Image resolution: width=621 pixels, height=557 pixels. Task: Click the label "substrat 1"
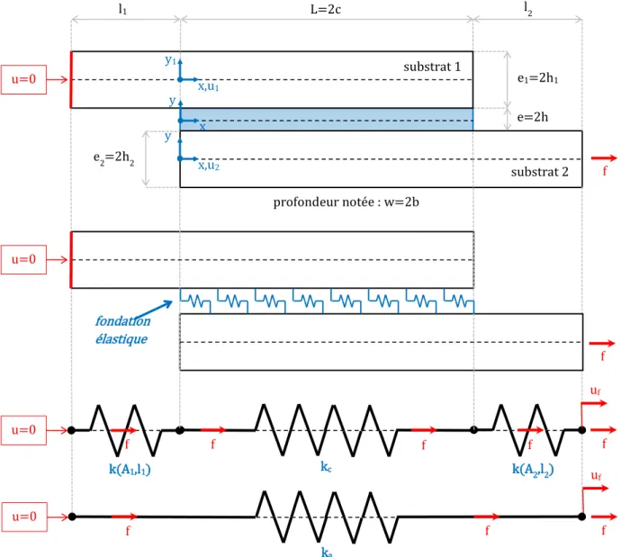coord(432,67)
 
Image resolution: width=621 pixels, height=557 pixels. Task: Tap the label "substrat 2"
coord(539,172)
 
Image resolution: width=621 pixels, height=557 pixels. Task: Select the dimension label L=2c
coord(326,10)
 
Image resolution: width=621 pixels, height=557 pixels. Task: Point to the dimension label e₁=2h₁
coord(538,78)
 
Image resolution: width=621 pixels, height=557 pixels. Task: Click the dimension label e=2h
coord(533,117)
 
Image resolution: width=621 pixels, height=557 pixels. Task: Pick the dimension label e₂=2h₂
coord(113,158)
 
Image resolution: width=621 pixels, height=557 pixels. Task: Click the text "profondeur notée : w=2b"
coord(346,202)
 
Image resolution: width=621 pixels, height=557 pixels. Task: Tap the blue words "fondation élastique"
coord(122,329)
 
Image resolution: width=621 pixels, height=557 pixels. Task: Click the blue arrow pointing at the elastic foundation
coord(154,310)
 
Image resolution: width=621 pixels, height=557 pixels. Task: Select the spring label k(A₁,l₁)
coord(130,469)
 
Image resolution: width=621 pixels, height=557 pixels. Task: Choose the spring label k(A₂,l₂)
coord(533,469)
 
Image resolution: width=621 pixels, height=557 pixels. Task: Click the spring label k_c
coord(326,467)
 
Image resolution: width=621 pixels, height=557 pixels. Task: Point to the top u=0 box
coord(23,79)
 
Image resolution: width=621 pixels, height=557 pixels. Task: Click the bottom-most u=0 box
coord(24,517)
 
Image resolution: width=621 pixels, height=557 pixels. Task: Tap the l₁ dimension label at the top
coord(122,9)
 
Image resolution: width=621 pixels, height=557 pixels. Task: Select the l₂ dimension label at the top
coord(528,8)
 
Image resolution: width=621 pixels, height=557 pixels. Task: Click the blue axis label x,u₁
coord(208,86)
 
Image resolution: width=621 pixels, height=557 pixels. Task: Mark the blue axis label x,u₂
coord(209,166)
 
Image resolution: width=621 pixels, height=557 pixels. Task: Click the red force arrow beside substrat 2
coord(604,158)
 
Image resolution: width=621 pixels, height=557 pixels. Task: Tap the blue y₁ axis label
coord(170,60)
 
